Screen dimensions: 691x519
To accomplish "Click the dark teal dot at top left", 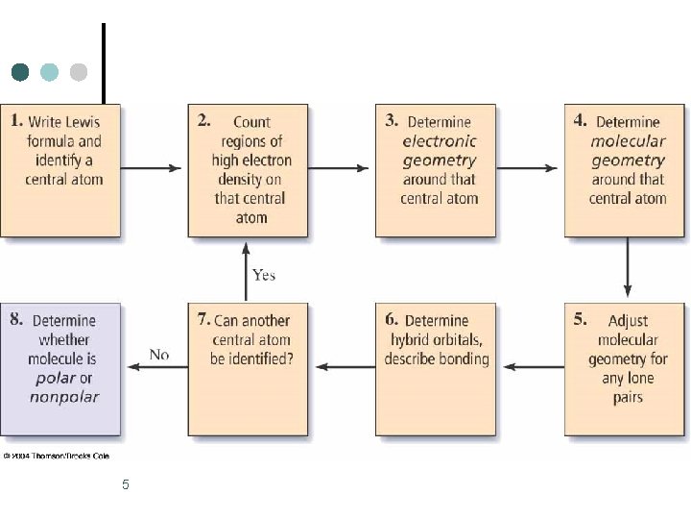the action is (x=20, y=72).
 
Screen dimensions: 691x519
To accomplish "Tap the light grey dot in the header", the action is (x=79, y=72).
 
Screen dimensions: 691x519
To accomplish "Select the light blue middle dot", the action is (x=49, y=72).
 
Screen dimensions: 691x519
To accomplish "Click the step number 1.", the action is (x=16, y=120).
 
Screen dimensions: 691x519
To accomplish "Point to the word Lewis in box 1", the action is (x=83, y=122).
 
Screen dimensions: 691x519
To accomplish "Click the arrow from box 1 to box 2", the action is (x=151, y=168).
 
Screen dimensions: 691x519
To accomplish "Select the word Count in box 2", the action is (x=251, y=122).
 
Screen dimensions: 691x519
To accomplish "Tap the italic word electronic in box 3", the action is (x=439, y=141).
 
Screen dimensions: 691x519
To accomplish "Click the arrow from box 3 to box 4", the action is (x=527, y=168).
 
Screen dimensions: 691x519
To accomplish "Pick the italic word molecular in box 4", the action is (x=628, y=141).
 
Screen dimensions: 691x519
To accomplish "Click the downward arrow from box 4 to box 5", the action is (x=628, y=267).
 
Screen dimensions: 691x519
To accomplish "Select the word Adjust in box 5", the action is (x=628, y=321).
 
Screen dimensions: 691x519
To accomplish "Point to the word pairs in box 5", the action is (x=628, y=398).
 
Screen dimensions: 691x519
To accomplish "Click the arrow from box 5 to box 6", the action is (x=534, y=367).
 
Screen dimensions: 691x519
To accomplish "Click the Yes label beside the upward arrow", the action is (x=264, y=275).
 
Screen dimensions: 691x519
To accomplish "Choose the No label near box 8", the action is (x=159, y=355).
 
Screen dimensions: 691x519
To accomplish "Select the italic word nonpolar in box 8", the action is (x=64, y=397).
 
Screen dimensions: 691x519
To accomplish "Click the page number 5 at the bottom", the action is (x=126, y=484).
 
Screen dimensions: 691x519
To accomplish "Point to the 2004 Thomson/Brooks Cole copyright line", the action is (x=57, y=456).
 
